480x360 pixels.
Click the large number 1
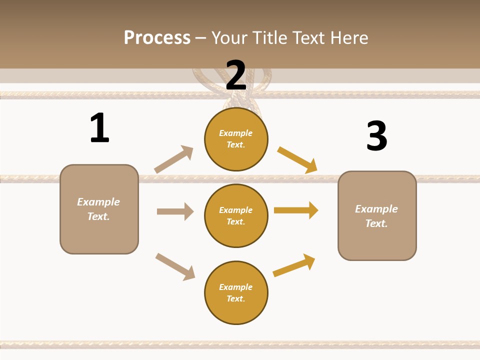pos(99,128)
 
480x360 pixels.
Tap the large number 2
pos(236,75)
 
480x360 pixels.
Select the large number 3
pos(376,136)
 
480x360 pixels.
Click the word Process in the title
pos(157,37)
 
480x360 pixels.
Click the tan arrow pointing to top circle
pos(173,159)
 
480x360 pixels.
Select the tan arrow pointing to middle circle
pos(175,211)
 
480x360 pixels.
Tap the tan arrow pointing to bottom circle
pos(175,266)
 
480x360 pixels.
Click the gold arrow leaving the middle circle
pos(296,210)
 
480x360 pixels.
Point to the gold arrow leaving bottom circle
pos(294,265)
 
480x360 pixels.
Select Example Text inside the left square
pos(98,209)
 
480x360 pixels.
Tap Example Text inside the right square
pos(376,216)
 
